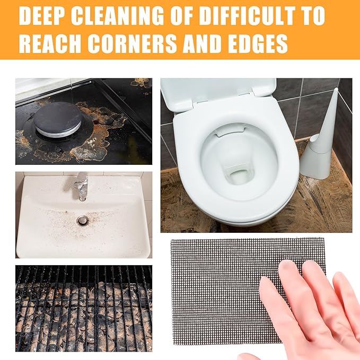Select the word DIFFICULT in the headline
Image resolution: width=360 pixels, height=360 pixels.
tap(247, 16)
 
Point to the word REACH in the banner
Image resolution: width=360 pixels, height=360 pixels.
tap(50, 44)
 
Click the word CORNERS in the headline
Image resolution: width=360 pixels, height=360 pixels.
tap(132, 44)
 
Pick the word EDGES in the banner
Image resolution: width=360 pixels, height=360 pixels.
tap(260, 44)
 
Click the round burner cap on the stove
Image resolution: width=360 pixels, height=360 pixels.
tap(57, 119)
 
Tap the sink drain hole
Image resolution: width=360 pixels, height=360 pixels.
tap(82, 221)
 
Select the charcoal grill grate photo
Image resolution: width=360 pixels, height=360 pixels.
tap(84, 309)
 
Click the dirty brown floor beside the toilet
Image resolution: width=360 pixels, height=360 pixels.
tap(321, 207)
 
